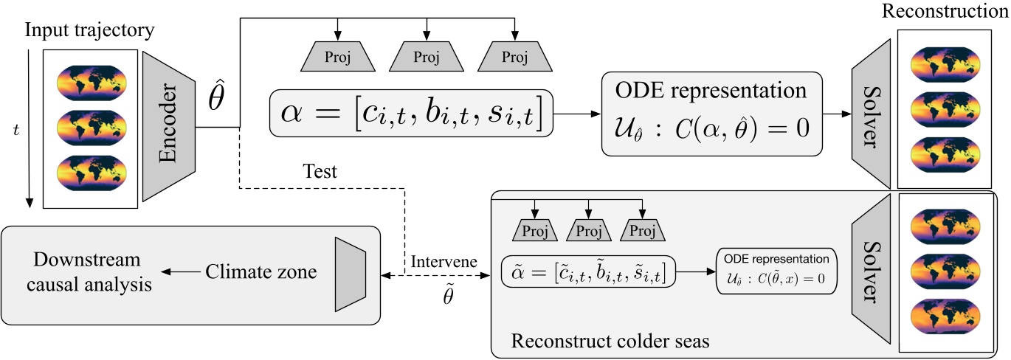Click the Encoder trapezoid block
168,126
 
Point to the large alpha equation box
412,113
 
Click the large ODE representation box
711,114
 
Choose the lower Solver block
873,273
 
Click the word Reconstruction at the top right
946,12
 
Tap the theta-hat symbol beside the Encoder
215,104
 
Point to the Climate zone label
261,272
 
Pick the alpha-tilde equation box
588,271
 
